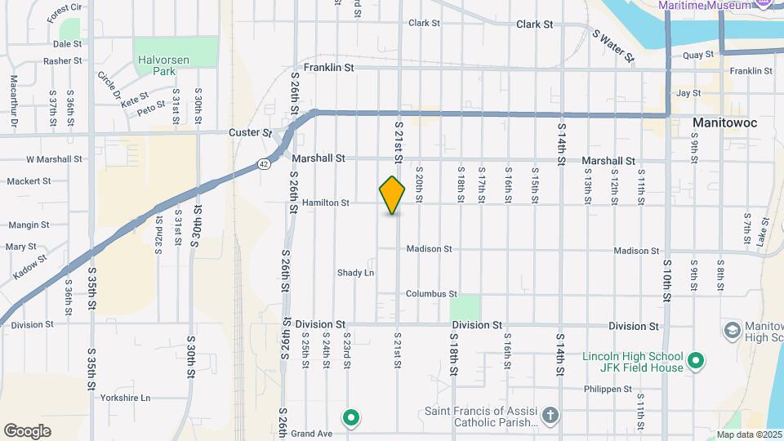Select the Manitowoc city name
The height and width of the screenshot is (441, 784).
(724, 122)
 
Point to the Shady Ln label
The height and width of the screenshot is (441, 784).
(355, 273)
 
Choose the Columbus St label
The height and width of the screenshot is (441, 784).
(431, 294)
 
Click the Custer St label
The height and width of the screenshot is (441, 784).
(250, 132)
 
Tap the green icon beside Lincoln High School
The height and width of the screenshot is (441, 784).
(696, 360)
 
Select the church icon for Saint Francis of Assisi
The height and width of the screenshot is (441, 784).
(551, 416)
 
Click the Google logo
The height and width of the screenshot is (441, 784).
(27, 431)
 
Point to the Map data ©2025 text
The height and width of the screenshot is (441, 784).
(749, 434)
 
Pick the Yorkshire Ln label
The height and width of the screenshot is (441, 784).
(124, 399)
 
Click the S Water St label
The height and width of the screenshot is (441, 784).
(613, 46)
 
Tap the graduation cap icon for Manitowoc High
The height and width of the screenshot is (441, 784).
(732, 330)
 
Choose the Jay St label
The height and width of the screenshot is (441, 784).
(688, 94)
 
